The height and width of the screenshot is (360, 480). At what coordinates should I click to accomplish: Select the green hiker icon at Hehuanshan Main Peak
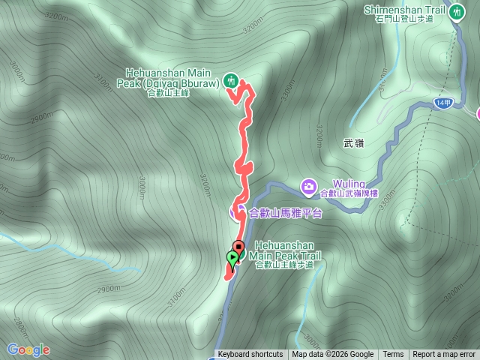(x=230, y=79)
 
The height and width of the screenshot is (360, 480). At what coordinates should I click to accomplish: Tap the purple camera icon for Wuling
(x=307, y=184)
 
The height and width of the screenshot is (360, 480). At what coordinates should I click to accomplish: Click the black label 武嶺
(x=352, y=142)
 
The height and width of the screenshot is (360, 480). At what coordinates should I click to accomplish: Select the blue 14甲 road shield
(x=443, y=103)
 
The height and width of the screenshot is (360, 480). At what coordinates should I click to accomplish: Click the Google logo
(x=28, y=349)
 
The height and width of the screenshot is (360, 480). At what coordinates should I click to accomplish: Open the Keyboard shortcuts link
(x=250, y=355)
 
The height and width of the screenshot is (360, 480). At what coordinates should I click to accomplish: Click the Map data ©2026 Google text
(x=333, y=355)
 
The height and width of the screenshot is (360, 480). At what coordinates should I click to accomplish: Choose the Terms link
(x=393, y=355)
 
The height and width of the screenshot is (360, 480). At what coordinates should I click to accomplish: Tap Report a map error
(x=444, y=355)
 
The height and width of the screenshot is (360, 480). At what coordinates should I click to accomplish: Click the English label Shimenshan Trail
(x=404, y=9)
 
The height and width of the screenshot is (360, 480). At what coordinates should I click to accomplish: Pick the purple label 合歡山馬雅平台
(x=285, y=213)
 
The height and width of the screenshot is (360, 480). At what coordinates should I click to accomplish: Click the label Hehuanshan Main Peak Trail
(x=288, y=250)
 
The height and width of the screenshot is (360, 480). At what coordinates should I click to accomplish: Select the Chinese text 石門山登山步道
(x=410, y=19)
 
